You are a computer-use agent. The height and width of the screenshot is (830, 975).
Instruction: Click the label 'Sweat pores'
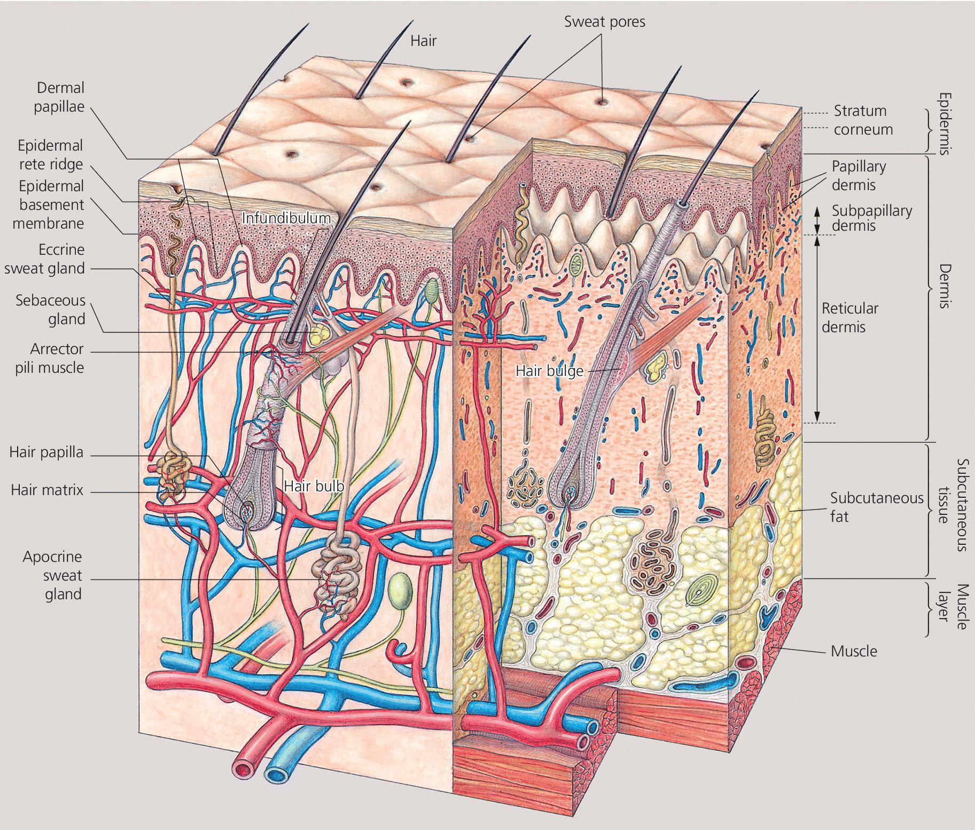(x=604, y=22)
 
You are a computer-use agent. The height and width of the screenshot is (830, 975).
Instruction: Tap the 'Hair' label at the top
(x=423, y=41)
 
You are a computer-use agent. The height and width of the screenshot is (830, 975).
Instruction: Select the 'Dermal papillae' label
(x=59, y=97)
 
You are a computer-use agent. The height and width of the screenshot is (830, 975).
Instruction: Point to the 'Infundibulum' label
(x=286, y=218)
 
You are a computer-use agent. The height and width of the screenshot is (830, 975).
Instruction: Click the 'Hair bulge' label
(x=549, y=371)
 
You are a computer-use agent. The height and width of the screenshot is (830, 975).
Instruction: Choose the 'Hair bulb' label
(x=314, y=486)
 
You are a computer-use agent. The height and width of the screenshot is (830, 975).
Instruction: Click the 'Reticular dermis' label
(x=850, y=317)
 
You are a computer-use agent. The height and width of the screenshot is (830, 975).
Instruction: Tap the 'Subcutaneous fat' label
(x=876, y=507)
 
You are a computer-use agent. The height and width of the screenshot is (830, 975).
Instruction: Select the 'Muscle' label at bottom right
(x=854, y=651)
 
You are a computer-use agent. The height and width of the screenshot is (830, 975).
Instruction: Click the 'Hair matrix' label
(x=47, y=490)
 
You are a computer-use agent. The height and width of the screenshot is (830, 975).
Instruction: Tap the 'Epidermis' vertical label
(x=945, y=124)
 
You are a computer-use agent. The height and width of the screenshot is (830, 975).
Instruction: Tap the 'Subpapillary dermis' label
(x=871, y=218)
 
